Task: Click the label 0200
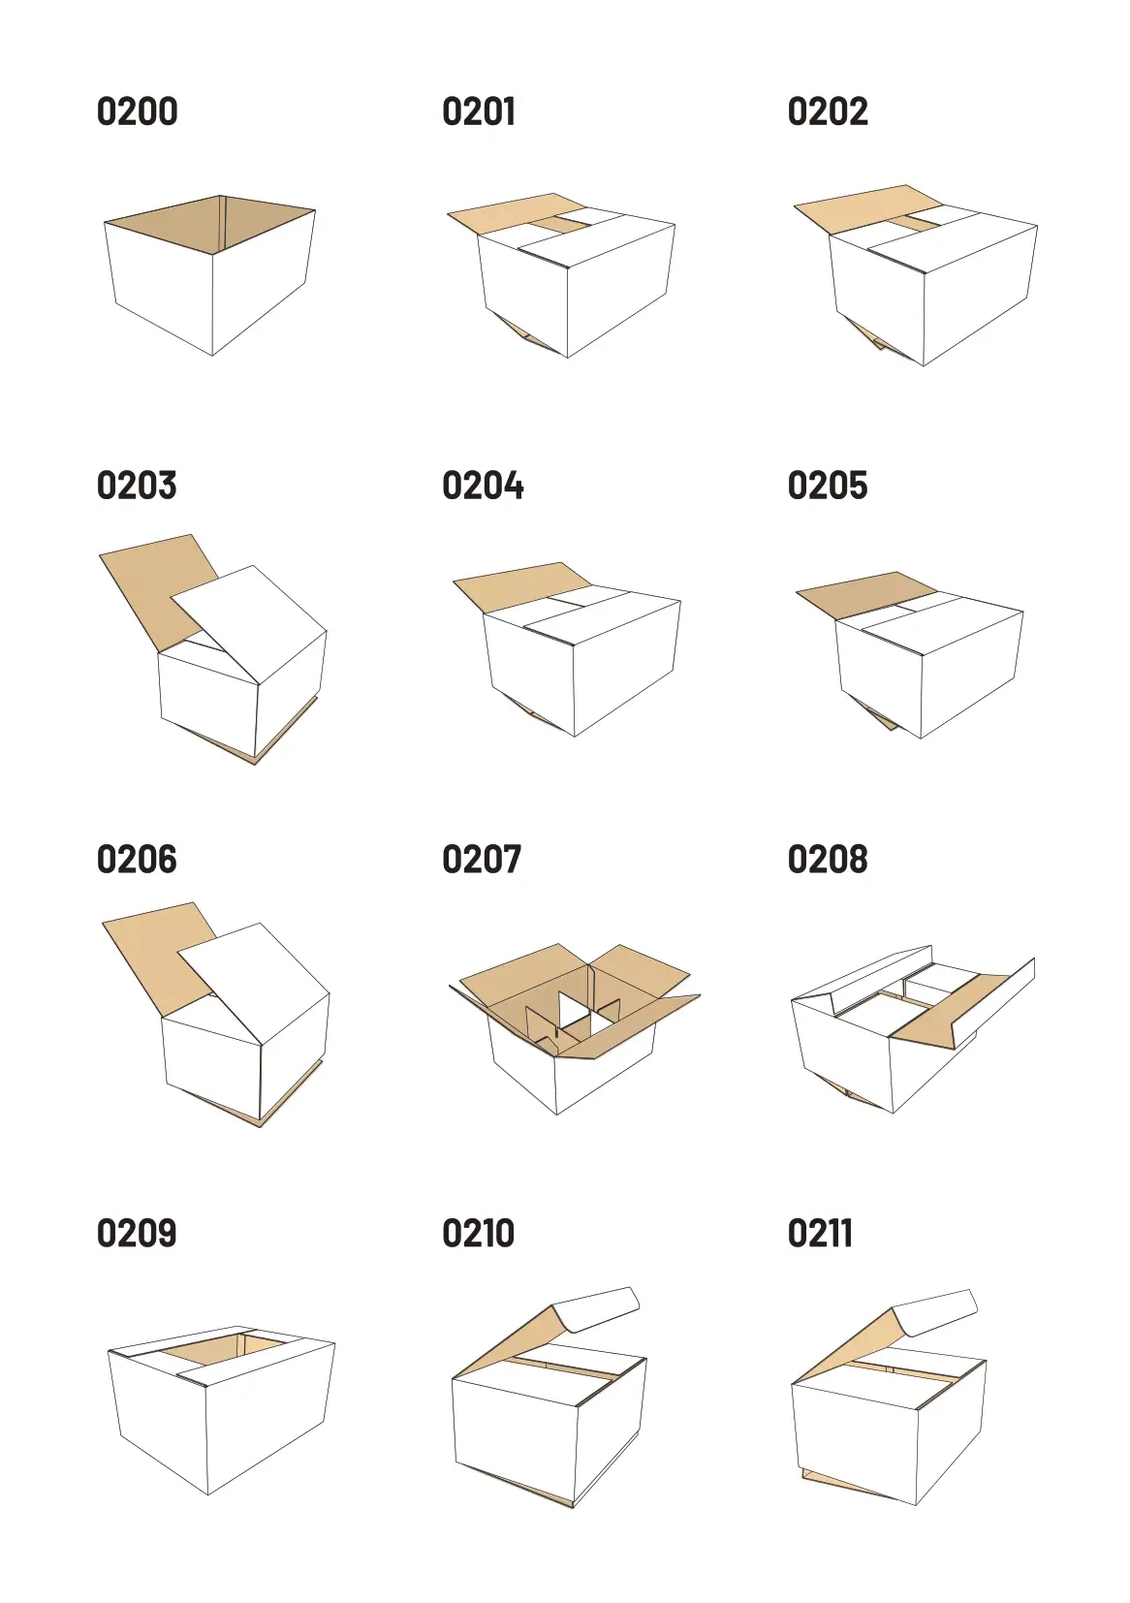click(x=138, y=111)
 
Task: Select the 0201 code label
click(x=478, y=111)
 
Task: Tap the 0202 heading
click(x=828, y=111)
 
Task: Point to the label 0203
click(x=137, y=486)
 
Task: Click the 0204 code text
click(x=483, y=486)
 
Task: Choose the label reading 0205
click(x=828, y=486)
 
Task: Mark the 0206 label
click(x=137, y=859)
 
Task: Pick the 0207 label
click(x=482, y=859)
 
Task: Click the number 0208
click(x=828, y=859)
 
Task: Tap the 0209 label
click(x=137, y=1233)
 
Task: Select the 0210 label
click(x=478, y=1233)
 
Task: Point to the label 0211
click(x=820, y=1233)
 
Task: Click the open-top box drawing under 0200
click(x=209, y=275)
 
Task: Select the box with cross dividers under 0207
click(x=575, y=1028)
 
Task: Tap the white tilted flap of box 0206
click(x=254, y=981)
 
